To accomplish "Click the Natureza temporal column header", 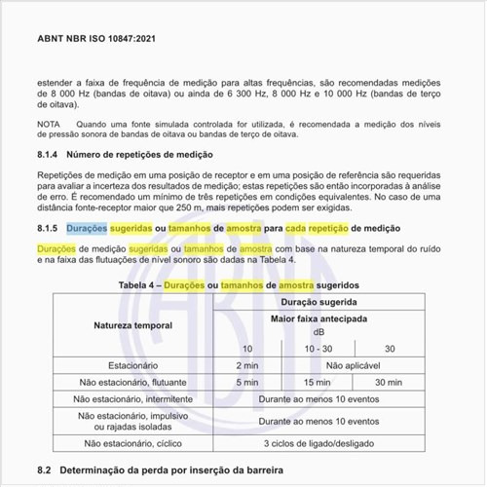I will coord(133,324).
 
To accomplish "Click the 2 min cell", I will coord(247,364).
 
